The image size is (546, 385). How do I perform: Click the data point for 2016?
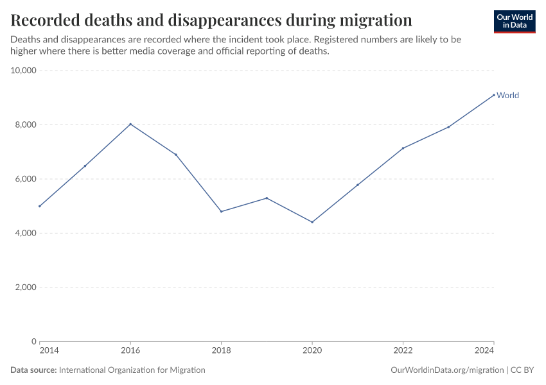(x=130, y=124)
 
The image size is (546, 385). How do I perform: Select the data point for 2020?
(x=312, y=222)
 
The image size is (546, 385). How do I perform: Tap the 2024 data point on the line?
(x=494, y=95)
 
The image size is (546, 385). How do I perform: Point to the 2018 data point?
(x=221, y=211)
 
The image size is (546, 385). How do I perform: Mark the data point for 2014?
(x=40, y=206)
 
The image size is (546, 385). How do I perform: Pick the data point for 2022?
(x=403, y=148)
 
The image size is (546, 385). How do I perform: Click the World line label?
(x=507, y=96)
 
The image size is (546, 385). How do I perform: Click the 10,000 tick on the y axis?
(x=23, y=70)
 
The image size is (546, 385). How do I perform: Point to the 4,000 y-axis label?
(x=23, y=233)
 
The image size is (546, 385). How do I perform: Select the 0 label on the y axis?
(x=33, y=341)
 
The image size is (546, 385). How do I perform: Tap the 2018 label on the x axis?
(x=221, y=350)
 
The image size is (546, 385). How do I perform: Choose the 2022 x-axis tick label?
(x=403, y=350)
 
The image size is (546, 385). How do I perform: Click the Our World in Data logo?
(x=515, y=21)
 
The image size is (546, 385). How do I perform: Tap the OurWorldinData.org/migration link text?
(x=447, y=370)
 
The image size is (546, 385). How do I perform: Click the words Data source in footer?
(x=33, y=370)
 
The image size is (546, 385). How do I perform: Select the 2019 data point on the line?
(x=267, y=198)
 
